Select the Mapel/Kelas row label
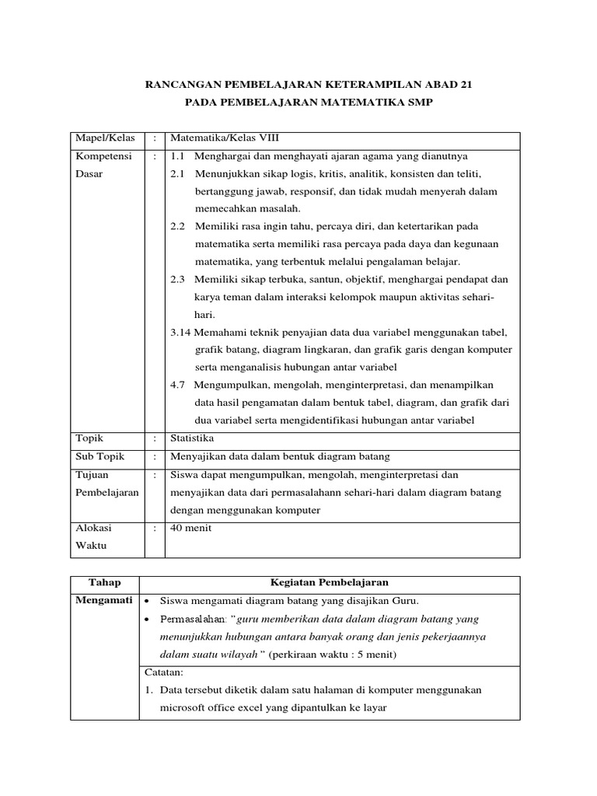104,138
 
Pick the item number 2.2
178,226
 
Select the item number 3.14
181,332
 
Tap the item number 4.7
178,385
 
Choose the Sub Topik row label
99,456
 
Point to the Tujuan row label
93,474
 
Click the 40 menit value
191,528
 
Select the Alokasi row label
93,528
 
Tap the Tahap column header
104,582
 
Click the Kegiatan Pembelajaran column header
329,582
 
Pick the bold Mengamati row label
103,600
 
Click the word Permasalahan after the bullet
191,619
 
